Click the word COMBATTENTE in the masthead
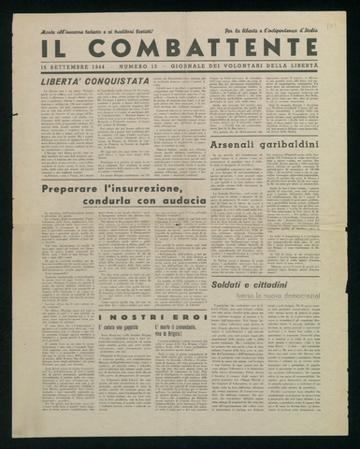point(204,48)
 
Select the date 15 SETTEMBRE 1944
point(73,68)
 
